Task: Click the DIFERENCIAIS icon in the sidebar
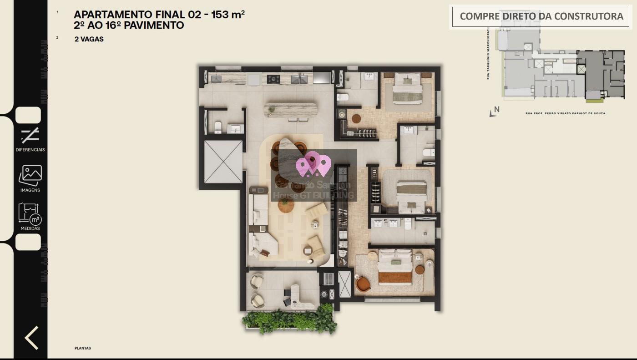point(30,136)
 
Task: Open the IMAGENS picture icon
point(30,175)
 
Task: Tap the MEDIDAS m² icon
point(30,214)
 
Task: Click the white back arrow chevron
point(31,338)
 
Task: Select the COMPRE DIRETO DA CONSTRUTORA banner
point(541,16)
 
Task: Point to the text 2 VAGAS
point(89,39)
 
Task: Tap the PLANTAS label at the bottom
point(83,348)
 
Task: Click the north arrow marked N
point(495,111)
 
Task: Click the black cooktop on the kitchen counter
point(273,79)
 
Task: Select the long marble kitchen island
point(291,110)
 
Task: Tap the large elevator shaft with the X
point(223,162)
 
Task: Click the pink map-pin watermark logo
point(313,165)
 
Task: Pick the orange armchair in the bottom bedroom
point(363,284)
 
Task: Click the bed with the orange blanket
point(395,271)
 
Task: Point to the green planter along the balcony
point(290,320)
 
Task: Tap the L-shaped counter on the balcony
point(298,295)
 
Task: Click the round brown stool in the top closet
point(356,118)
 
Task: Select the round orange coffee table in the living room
point(286,206)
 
